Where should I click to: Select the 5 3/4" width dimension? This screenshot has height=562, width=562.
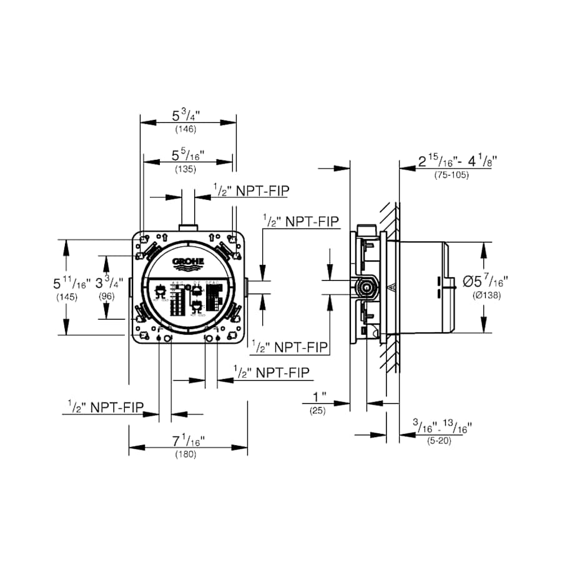pos(188,116)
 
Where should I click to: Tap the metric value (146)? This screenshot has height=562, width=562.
pos(186,130)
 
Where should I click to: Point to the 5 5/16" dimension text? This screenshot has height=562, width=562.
pos(188,154)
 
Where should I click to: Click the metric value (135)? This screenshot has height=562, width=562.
pos(186,169)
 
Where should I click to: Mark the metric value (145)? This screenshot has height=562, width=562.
pos(67,297)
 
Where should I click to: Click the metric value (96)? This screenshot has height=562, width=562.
pos(107,297)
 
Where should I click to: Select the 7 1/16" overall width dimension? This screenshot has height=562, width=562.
pos(188,441)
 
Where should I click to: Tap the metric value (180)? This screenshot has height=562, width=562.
pos(186,455)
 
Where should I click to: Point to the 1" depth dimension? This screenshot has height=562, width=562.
pos(320,397)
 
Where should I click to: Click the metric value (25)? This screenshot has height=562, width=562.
pos(318,410)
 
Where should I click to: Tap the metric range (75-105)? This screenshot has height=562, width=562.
pos(451,175)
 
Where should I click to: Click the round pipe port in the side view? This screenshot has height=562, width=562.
pos(365,288)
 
